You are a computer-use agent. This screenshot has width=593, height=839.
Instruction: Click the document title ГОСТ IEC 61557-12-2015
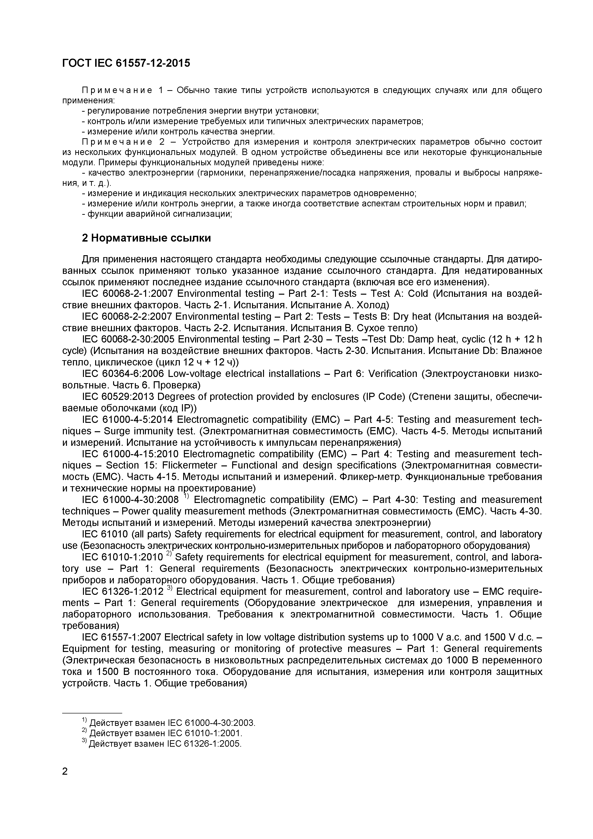[126, 63]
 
